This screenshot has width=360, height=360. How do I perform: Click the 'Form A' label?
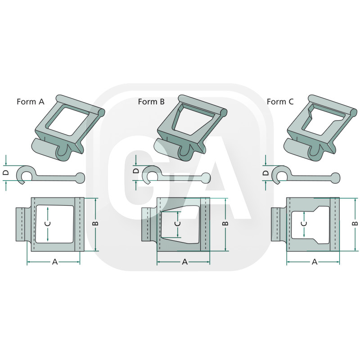coord(31,102)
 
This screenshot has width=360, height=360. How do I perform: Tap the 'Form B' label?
coord(151,102)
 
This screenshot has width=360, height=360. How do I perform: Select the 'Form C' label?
coord(280,102)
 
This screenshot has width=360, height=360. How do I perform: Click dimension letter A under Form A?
coord(55,261)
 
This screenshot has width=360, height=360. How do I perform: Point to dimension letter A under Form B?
coord(185,261)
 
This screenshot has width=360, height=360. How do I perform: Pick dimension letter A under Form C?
coord(315,261)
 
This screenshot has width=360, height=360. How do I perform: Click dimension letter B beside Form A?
coord(96,223)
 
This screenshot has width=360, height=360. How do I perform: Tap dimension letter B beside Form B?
coord(226,223)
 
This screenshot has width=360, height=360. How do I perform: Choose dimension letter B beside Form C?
coord(355,223)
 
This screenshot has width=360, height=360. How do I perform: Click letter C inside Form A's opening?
coord(48,224)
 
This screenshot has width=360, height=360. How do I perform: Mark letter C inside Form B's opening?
coord(178,224)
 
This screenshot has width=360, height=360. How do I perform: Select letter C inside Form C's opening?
coord(304,224)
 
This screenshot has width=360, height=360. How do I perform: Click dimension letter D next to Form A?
coord(6,173)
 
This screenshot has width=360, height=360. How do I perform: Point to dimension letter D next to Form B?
coord(136,171)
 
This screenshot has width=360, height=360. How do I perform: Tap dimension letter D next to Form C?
coord(266,173)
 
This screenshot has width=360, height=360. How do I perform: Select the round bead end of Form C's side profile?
coord(336,177)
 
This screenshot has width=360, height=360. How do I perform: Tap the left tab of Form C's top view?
coord(279,224)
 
